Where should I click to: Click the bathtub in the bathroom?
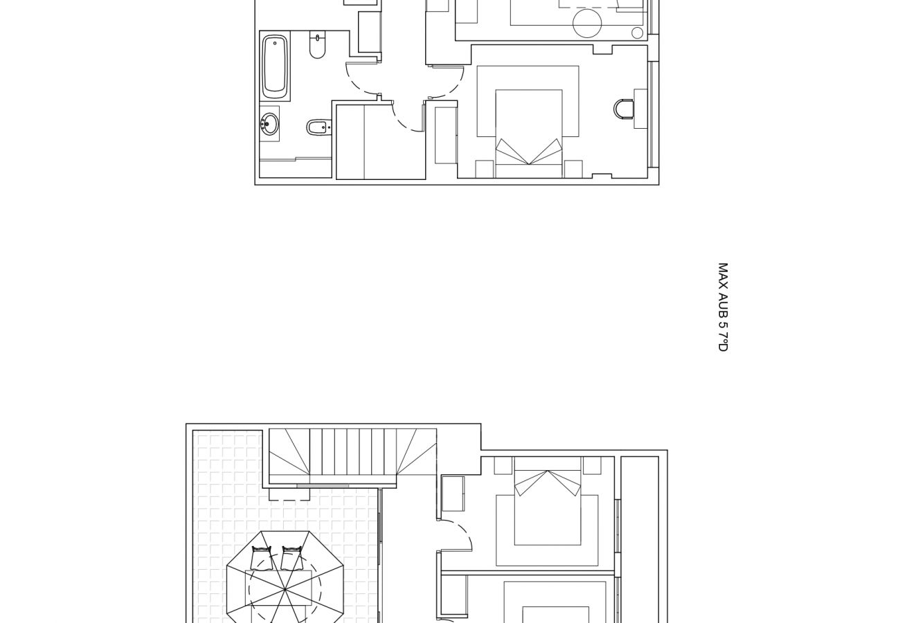click(276, 66)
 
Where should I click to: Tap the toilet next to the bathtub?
click(317, 45)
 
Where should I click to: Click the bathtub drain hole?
click(275, 43)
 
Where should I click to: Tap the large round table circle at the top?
click(587, 24)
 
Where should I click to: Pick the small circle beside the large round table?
click(637, 33)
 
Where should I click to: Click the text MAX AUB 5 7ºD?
click(723, 307)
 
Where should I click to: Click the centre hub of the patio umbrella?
click(285, 590)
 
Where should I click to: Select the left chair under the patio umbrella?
click(262, 557)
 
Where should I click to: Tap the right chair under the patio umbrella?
click(292, 557)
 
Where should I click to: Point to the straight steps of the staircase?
click(353, 452)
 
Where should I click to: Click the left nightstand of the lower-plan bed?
click(503, 465)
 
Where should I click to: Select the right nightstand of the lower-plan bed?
click(592, 465)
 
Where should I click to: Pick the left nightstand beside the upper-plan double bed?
click(485, 169)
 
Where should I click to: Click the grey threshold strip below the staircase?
click(323, 486)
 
